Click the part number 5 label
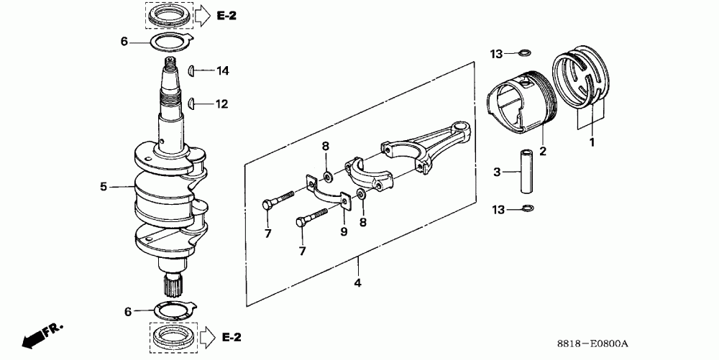click(x=104, y=187)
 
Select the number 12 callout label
click(x=221, y=104)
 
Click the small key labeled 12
click(x=192, y=104)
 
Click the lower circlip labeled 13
click(x=526, y=209)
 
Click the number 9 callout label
click(x=344, y=231)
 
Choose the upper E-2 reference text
click(x=227, y=15)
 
